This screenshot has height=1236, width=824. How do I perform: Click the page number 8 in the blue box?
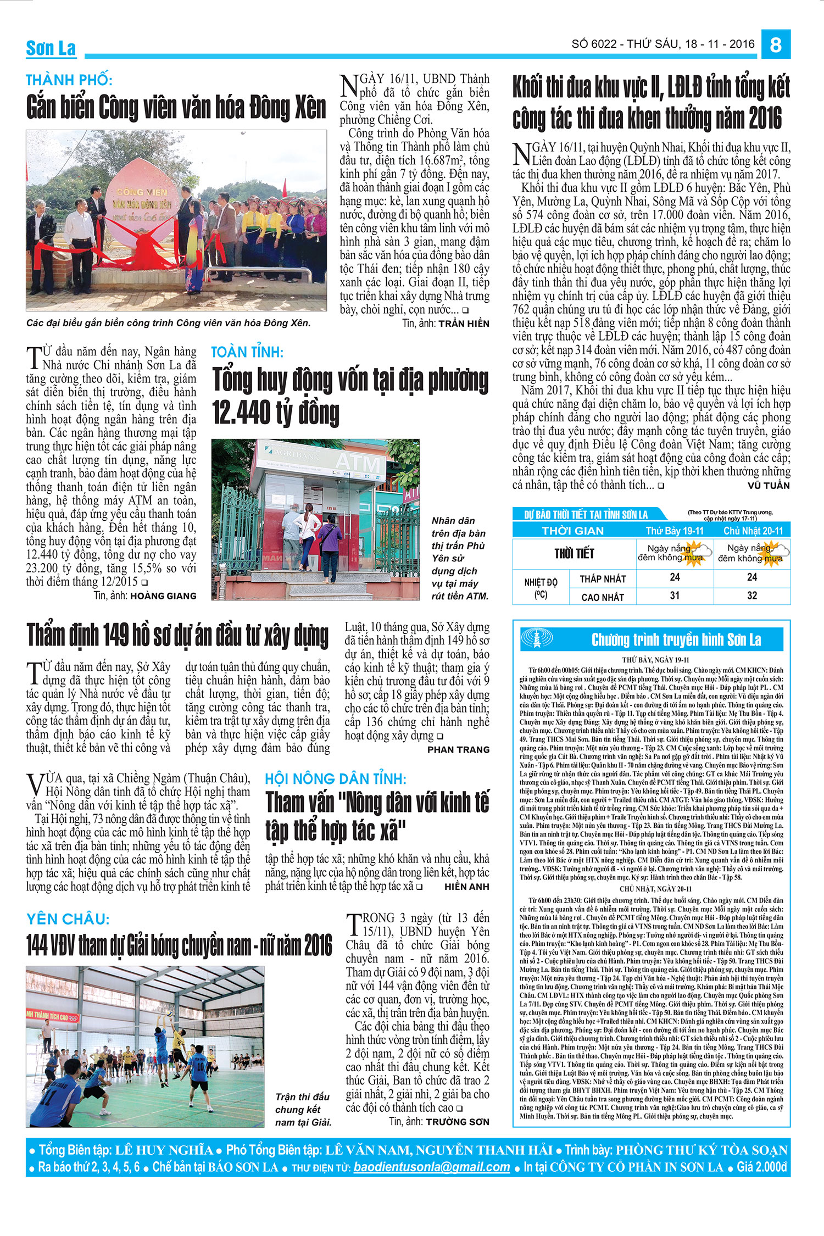click(x=775, y=44)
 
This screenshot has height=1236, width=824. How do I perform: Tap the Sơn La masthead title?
click(x=51, y=48)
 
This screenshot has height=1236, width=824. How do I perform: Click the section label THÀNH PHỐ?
click(x=69, y=80)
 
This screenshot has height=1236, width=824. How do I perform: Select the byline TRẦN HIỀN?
click(x=464, y=324)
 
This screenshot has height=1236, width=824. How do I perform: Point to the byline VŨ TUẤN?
click(x=769, y=486)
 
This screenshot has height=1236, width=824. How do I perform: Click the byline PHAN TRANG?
click(x=458, y=749)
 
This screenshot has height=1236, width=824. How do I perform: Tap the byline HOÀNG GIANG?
click(x=163, y=595)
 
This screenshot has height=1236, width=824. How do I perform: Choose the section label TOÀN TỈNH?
click(x=247, y=352)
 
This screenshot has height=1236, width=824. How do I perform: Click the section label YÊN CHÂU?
click(x=68, y=919)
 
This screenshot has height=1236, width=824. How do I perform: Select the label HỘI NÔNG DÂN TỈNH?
click(x=336, y=779)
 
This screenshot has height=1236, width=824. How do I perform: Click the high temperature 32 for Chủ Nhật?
click(x=751, y=595)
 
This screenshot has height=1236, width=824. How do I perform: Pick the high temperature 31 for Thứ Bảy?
click(x=675, y=595)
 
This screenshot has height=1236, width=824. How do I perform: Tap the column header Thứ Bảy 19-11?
click(x=675, y=531)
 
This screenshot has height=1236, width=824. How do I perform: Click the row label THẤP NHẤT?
click(x=603, y=579)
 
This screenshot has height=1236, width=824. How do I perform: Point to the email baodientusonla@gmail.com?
click(x=432, y=1167)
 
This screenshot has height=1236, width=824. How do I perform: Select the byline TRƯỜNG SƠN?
click(x=457, y=1106)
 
